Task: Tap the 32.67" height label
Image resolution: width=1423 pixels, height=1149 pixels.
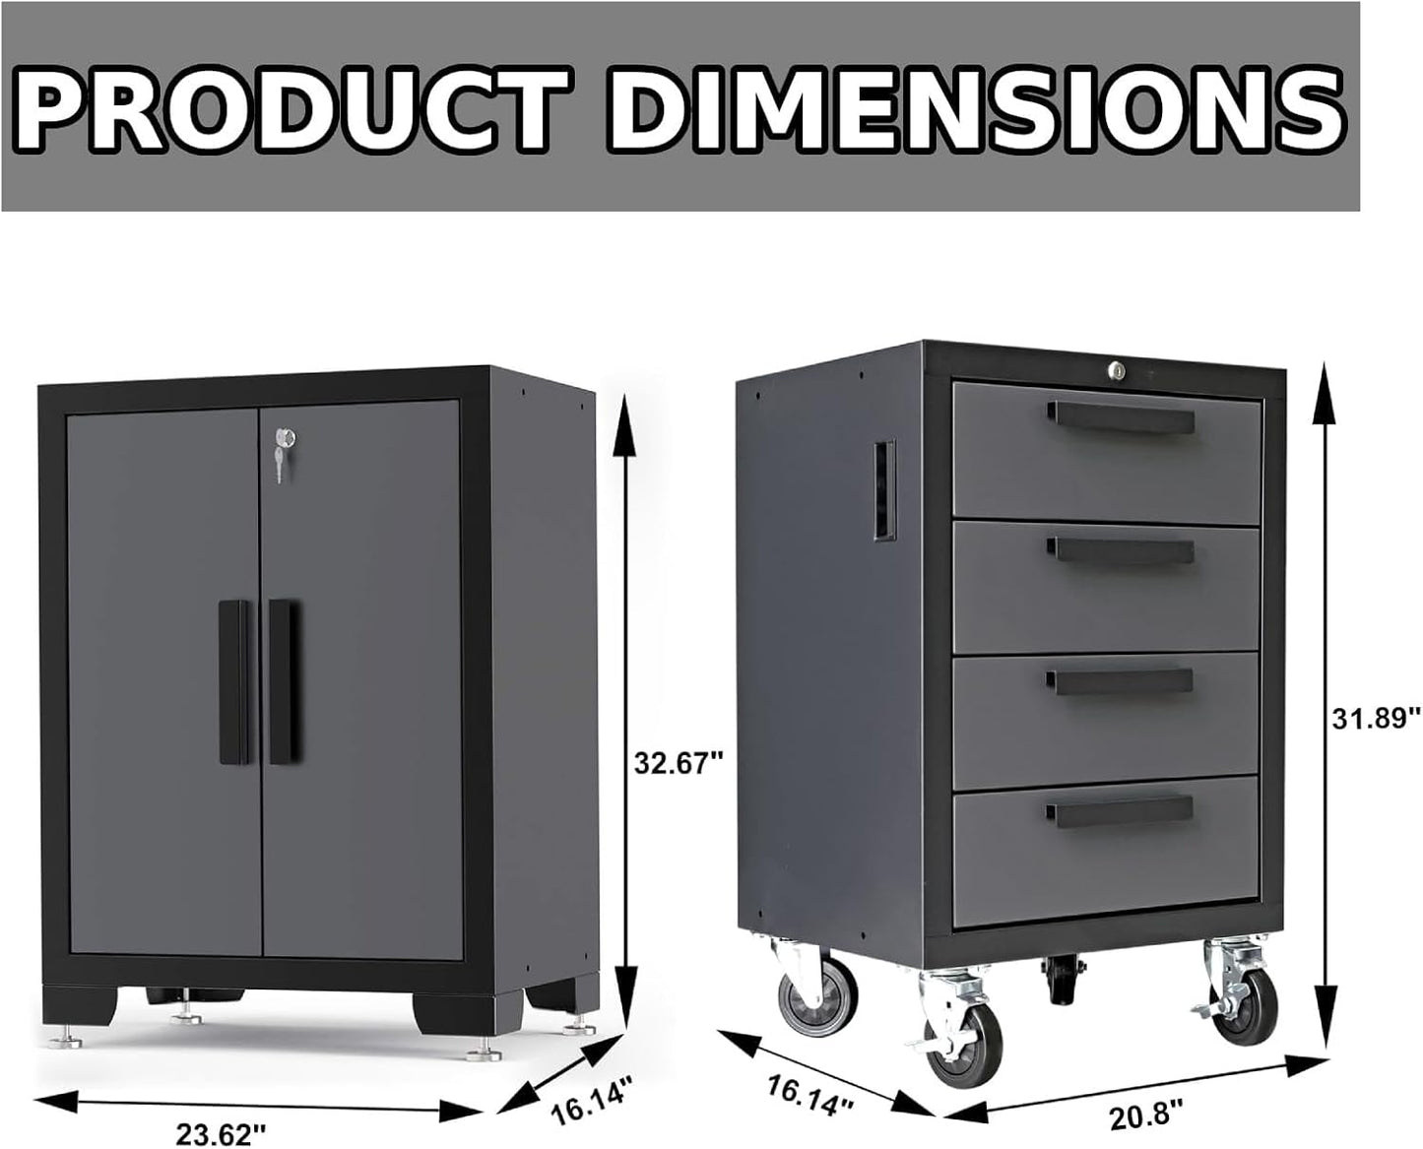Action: [679, 762]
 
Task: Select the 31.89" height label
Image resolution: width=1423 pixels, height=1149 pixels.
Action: [1376, 717]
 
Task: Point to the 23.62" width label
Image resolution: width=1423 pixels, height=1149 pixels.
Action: [223, 1134]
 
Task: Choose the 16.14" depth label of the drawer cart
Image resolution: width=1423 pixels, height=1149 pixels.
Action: [809, 1094]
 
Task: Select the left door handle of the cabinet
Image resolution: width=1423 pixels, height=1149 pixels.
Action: [234, 680]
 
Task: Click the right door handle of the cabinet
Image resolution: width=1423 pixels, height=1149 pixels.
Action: [284, 680]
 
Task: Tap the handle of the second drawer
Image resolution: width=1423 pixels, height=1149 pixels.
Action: [1121, 549]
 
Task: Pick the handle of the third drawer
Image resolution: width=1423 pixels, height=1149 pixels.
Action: [1121, 680]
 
